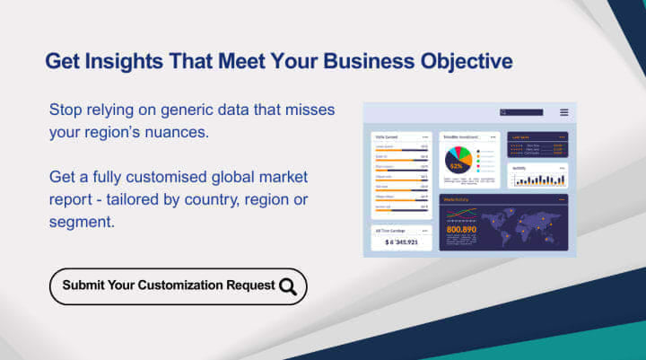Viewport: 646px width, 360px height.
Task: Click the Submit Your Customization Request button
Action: tap(178, 286)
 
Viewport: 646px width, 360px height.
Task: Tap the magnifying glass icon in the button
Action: tap(288, 286)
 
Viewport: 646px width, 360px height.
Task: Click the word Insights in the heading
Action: tap(113, 61)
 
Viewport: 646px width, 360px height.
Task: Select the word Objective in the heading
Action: tap(467, 61)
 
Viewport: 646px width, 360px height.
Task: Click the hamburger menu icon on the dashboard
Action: tap(563, 112)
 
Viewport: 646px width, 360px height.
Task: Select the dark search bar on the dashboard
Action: tap(522, 112)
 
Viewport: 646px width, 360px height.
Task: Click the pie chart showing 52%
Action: tap(458, 162)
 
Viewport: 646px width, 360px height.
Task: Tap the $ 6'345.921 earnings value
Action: tap(402, 242)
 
